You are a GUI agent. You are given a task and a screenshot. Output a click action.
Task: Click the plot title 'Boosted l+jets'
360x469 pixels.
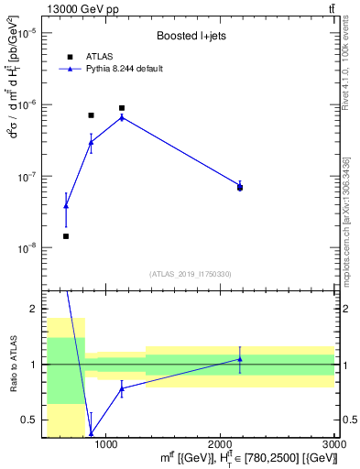point(189,36)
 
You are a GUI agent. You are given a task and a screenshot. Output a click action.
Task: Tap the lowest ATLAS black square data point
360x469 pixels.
point(66,236)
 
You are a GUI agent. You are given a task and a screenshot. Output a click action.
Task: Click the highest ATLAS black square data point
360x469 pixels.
point(122,108)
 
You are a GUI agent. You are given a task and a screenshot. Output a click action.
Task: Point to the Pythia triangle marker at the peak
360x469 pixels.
point(122,117)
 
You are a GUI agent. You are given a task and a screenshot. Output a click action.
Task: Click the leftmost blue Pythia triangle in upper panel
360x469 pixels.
point(66,206)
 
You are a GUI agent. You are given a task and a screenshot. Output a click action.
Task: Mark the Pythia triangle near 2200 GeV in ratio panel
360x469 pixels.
point(240,358)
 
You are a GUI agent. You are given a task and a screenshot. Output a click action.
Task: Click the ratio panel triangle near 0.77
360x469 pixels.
point(122,388)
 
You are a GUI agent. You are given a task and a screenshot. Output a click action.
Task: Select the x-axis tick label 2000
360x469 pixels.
point(221,444)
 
